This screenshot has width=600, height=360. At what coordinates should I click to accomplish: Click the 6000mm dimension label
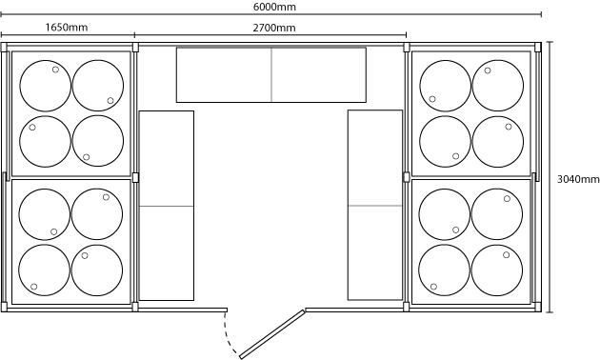[274, 7]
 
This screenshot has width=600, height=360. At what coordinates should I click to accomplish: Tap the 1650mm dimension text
[67, 28]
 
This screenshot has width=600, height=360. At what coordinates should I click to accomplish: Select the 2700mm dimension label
[274, 28]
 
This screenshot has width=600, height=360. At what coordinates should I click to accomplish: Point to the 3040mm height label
[578, 179]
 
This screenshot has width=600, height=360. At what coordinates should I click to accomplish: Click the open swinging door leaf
[272, 334]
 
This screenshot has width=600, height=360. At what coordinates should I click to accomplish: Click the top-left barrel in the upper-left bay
[46, 86]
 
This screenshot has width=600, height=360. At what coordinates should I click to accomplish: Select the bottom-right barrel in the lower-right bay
[497, 270]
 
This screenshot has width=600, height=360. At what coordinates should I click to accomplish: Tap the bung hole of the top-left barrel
[55, 70]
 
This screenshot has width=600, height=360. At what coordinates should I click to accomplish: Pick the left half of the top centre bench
[224, 75]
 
